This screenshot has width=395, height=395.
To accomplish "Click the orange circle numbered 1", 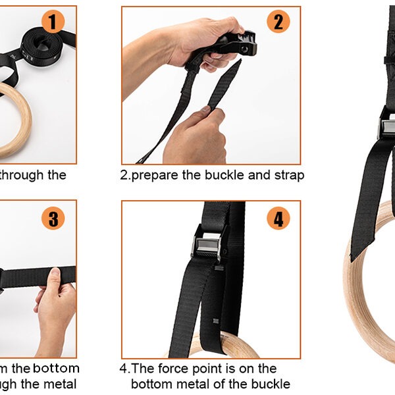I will (53, 22).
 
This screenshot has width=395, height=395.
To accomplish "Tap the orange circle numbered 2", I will (278, 22).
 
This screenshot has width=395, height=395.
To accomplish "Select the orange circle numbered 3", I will (53, 218).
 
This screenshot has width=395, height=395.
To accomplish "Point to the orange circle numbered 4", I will (278, 218).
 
